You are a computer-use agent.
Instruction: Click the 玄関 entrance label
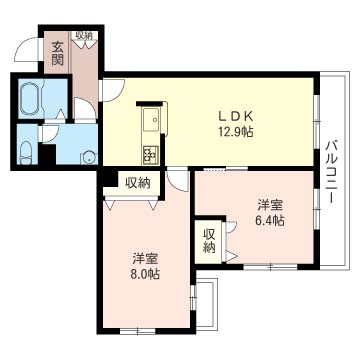point(57,53)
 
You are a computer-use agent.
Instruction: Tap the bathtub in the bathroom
point(30,98)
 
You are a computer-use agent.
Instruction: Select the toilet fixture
point(26,153)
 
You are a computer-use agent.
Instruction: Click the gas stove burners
point(151,155)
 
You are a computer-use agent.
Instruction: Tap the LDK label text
point(236,116)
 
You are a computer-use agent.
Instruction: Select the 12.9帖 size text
point(236,132)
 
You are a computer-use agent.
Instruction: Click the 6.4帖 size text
point(270,221)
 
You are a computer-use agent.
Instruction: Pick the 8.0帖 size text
point(144,274)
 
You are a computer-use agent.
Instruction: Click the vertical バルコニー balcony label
point(334,172)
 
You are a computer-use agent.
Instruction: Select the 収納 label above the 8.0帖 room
point(138,182)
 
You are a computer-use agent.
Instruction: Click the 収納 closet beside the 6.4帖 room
point(209,241)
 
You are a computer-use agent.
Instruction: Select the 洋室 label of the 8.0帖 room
point(144,259)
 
